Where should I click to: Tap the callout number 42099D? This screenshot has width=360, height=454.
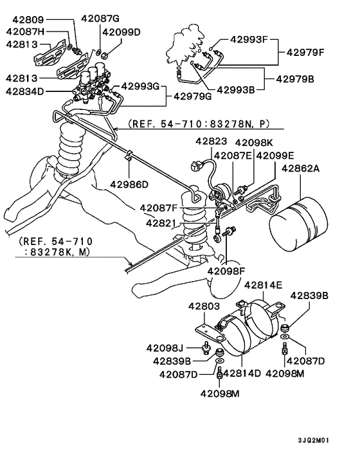click(121, 32)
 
